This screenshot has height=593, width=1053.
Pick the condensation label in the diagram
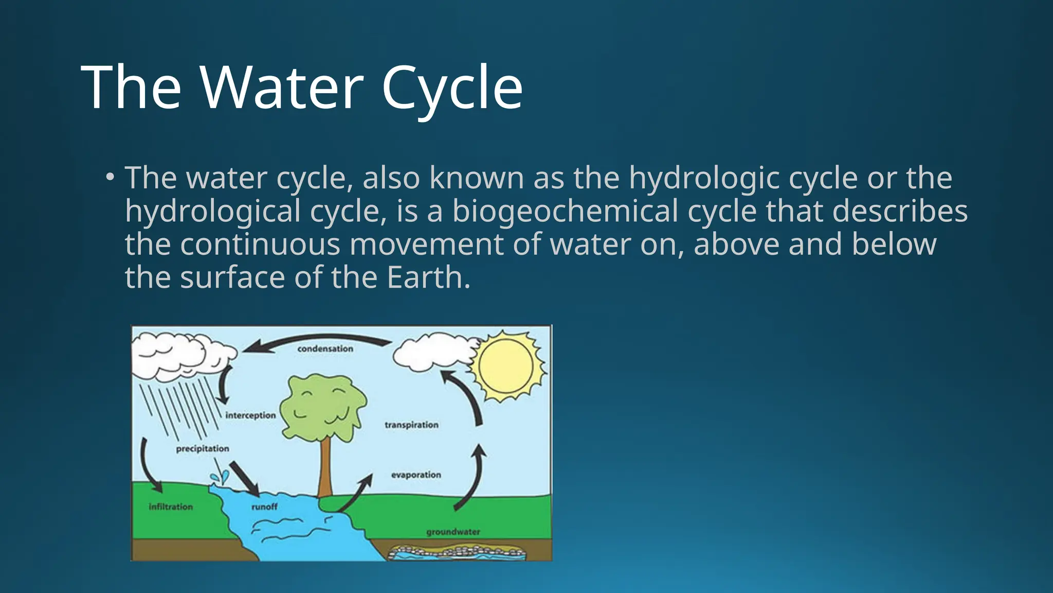(x=325, y=349)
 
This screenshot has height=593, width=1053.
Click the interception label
(x=250, y=415)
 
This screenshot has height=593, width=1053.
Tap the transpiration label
(x=411, y=425)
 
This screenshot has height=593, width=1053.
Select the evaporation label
(x=416, y=475)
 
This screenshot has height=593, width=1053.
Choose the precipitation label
(x=203, y=449)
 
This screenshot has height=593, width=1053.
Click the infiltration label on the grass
(x=171, y=507)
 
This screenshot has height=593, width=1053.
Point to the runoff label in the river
(x=264, y=507)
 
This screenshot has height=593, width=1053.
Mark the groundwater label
(x=453, y=532)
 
